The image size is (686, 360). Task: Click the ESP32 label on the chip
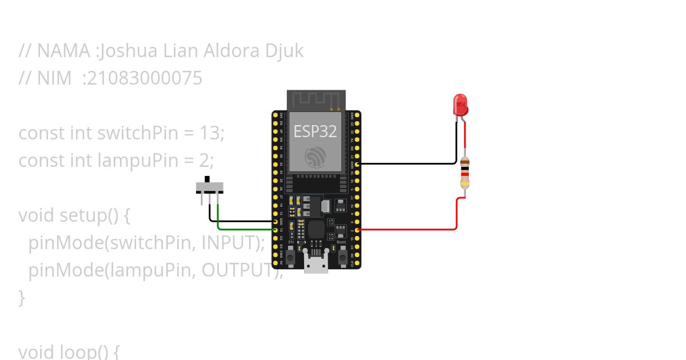pos(315,131)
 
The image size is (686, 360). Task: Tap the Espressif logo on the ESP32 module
pos(316,157)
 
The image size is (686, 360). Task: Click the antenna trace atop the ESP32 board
pos(316,101)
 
